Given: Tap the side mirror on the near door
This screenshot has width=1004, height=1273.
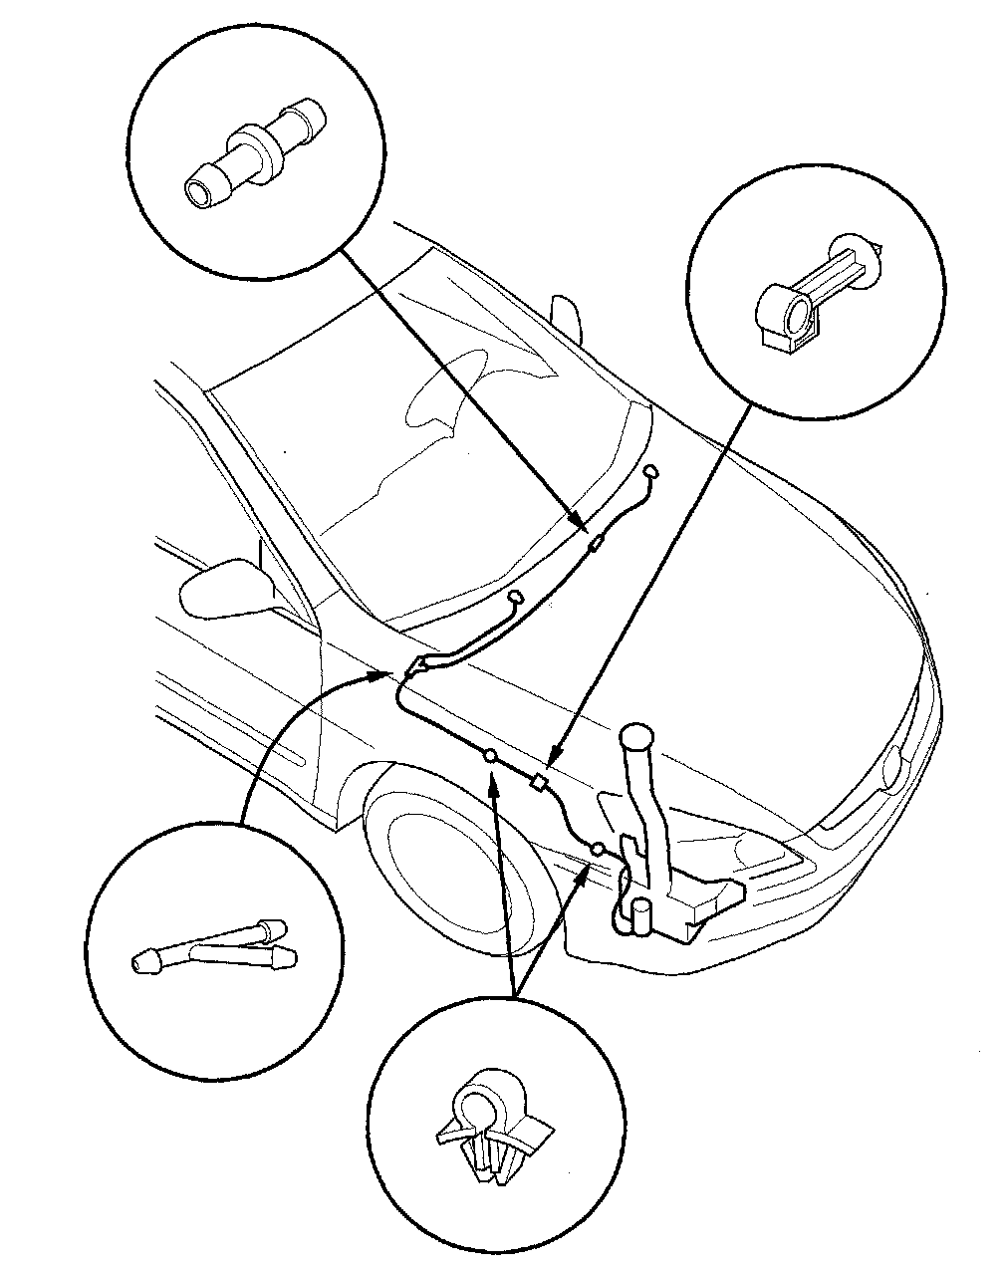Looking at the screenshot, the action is point(225,588).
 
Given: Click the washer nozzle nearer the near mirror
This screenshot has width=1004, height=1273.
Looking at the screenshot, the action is point(516,598).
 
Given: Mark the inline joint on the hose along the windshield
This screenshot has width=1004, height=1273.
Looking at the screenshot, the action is point(597,543).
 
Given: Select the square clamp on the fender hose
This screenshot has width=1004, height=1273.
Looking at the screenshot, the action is point(541,782).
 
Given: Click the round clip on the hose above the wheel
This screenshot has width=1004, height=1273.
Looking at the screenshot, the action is point(490,757).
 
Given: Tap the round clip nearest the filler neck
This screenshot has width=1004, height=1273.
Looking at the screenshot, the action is point(599,850).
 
